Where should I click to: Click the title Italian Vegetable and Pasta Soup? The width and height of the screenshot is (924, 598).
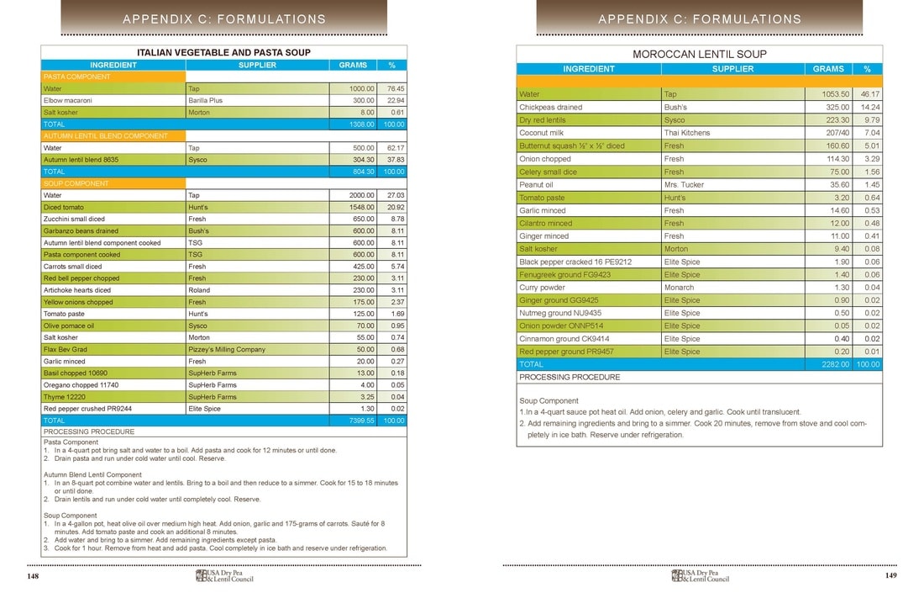[223, 52]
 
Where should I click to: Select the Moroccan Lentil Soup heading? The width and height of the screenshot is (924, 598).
[699, 54]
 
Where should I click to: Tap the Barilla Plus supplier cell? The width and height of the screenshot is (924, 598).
[206, 100]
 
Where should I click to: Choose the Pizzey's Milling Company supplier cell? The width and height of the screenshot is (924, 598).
[227, 349]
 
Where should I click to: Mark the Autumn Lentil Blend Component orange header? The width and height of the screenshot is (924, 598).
[106, 135]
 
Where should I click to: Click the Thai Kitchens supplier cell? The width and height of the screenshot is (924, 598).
[687, 133]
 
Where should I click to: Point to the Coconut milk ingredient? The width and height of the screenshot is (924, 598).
[543, 133]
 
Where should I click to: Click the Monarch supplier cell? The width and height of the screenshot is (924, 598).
[679, 287]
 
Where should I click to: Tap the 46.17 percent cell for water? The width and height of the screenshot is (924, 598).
[868, 94]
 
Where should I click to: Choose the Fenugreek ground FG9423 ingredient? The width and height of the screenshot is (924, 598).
[565, 274]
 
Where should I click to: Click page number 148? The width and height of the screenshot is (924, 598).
[34, 576]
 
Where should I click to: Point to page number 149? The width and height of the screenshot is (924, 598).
[890, 576]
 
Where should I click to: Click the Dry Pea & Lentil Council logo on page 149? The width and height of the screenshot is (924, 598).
[700, 576]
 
